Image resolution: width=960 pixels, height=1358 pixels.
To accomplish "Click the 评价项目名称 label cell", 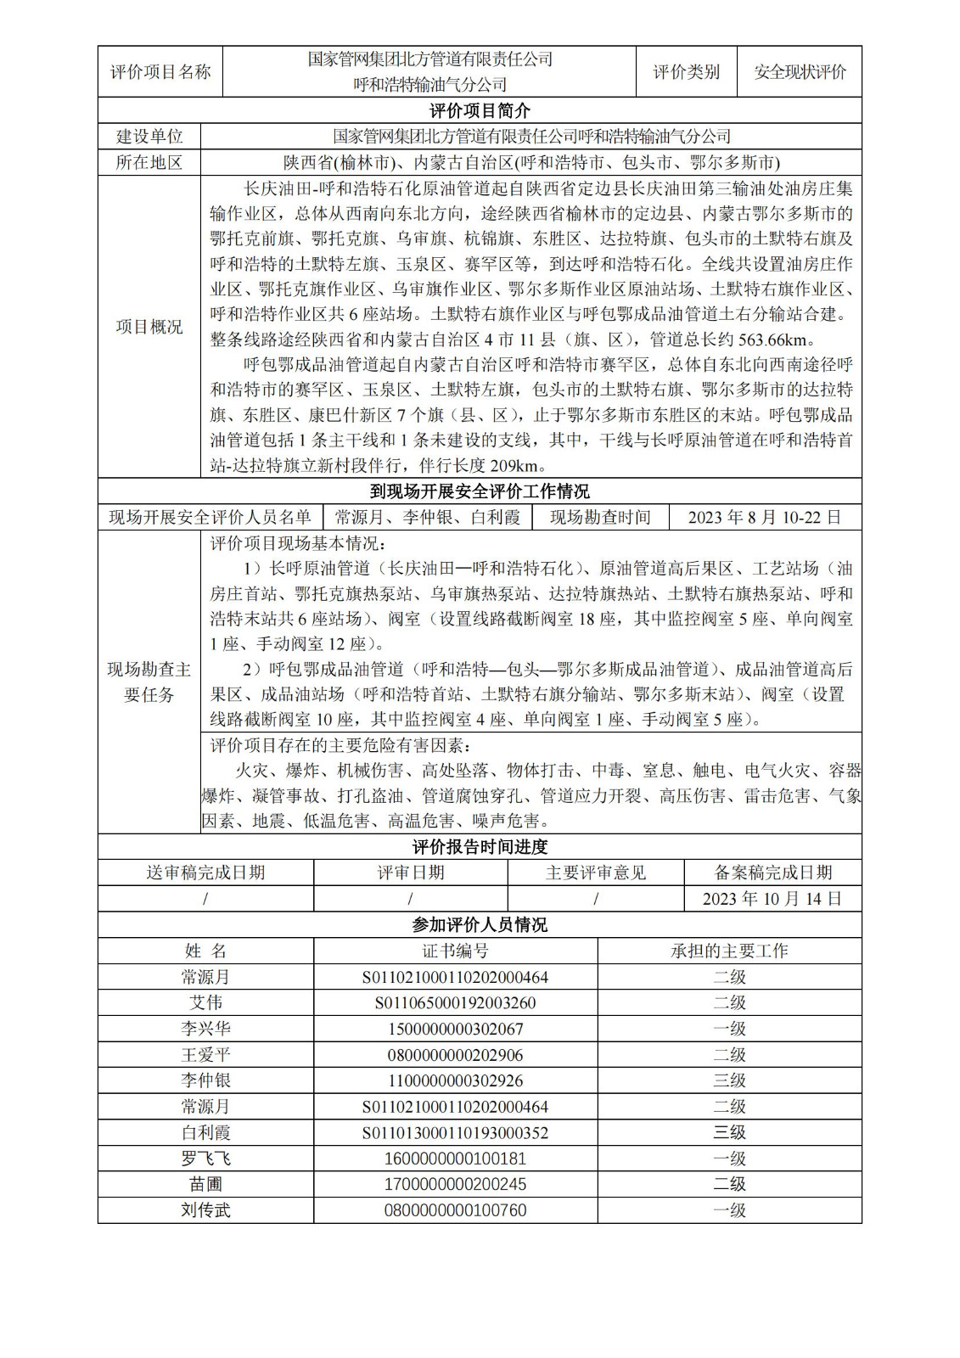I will click(160, 72).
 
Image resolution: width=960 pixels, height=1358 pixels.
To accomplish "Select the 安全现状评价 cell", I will click(800, 72).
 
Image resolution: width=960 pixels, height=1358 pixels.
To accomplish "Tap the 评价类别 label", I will click(686, 72).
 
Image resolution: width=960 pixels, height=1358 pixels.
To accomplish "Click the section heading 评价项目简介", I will click(480, 110).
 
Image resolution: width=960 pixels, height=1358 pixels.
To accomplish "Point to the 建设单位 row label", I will click(149, 137).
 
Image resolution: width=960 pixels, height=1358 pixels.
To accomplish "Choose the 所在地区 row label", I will click(149, 162).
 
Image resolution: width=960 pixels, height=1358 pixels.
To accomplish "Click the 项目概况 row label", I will click(149, 327).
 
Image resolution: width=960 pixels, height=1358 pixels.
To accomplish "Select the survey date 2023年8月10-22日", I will click(765, 517).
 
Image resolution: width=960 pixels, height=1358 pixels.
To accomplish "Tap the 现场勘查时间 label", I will click(600, 517).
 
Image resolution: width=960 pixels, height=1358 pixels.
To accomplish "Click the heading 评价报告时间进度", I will click(480, 847).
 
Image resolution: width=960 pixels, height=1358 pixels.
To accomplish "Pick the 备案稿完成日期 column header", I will click(772, 873).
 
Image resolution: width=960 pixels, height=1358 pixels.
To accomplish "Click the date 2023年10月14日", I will click(772, 899).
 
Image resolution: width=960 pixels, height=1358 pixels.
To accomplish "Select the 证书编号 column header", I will click(455, 951).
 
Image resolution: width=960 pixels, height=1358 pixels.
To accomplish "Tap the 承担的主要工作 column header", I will click(729, 951).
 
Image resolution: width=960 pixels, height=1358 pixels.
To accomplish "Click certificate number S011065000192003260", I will click(455, 1003).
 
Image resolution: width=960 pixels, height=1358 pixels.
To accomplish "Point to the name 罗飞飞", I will click(205, 1159).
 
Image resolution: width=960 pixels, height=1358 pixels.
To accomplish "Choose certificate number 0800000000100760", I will click(455, 1210).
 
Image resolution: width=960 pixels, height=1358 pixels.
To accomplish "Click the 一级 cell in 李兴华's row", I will click(729, 1029).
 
